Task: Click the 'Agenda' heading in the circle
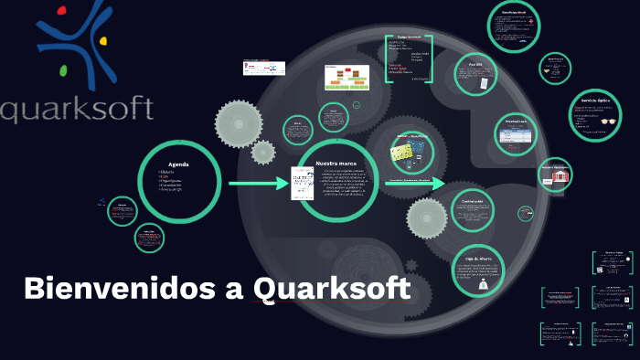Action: (177, 164)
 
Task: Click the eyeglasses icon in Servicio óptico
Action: (609, 120)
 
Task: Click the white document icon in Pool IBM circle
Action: (481, 84)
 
